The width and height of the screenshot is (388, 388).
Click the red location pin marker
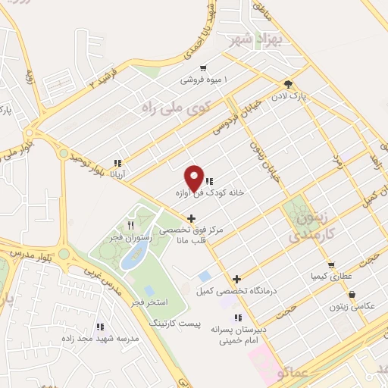coord(195,178)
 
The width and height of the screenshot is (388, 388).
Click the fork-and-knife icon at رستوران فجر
coord(131,225)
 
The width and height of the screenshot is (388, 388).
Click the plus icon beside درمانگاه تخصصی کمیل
coord(237,279)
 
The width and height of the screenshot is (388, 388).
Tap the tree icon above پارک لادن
coord(288,85)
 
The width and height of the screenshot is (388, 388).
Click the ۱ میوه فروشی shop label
coord(204,79)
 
